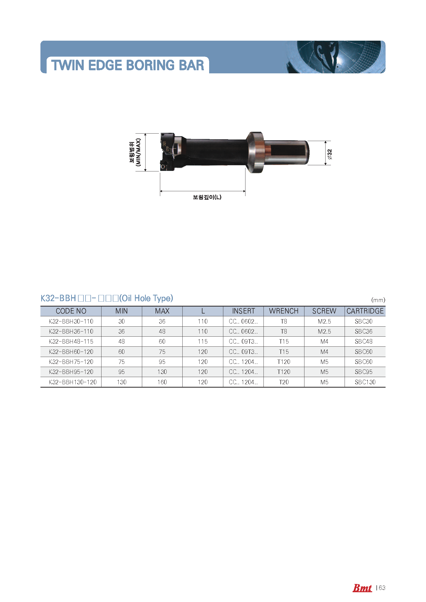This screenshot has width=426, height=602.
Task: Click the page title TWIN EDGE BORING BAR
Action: click(x=127, y=65)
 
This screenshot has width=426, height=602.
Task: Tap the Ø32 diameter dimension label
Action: click(x=329, y=154)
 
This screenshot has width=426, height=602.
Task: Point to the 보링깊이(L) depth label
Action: click(x=207, y=197)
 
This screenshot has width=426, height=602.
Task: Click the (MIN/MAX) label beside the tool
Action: click(x=138, y=152)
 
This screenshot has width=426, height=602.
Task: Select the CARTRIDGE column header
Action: click(x=365, y=311)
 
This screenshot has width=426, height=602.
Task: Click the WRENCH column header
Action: click(x=284, y=311)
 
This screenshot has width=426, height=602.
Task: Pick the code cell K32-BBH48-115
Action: click(x=71, y=341)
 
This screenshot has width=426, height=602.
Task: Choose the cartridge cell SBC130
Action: click(x=365, y=382)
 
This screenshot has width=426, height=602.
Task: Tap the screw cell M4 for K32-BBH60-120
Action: click(x=324, y=352)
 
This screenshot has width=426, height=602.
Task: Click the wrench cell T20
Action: click(x=284, y=382)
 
